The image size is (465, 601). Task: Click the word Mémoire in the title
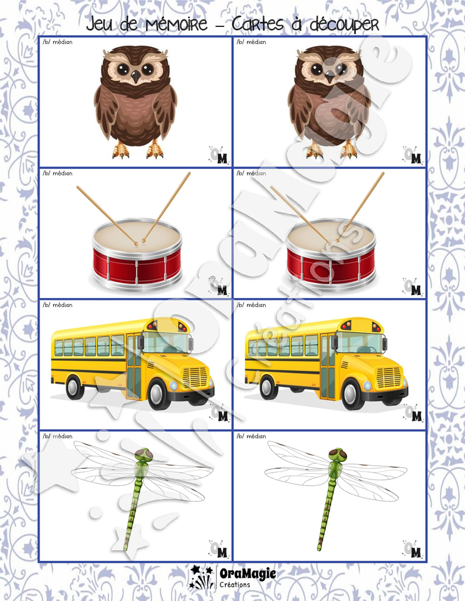tap(177, 24)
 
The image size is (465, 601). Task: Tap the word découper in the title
tap(344, 25)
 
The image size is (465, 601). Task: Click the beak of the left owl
tap(136, 76)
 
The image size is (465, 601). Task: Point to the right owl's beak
tap(330, 76)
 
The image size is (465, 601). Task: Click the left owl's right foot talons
tap(154, 150)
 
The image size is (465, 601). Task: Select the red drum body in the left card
tap(137, 266)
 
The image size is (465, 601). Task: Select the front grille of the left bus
tap(196, 377)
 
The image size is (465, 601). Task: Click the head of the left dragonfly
tap(144, 455)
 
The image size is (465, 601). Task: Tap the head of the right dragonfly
tap(338, 455)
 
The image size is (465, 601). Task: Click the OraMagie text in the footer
tap(248, 574)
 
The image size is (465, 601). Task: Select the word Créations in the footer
tap(235, 585)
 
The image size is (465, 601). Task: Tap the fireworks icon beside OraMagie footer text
tap(202, 577)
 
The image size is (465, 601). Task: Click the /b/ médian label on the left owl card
tap(58, 42)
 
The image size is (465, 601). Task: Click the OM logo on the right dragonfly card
tap(412, 549)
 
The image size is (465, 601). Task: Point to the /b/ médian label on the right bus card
tap(251, 305)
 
